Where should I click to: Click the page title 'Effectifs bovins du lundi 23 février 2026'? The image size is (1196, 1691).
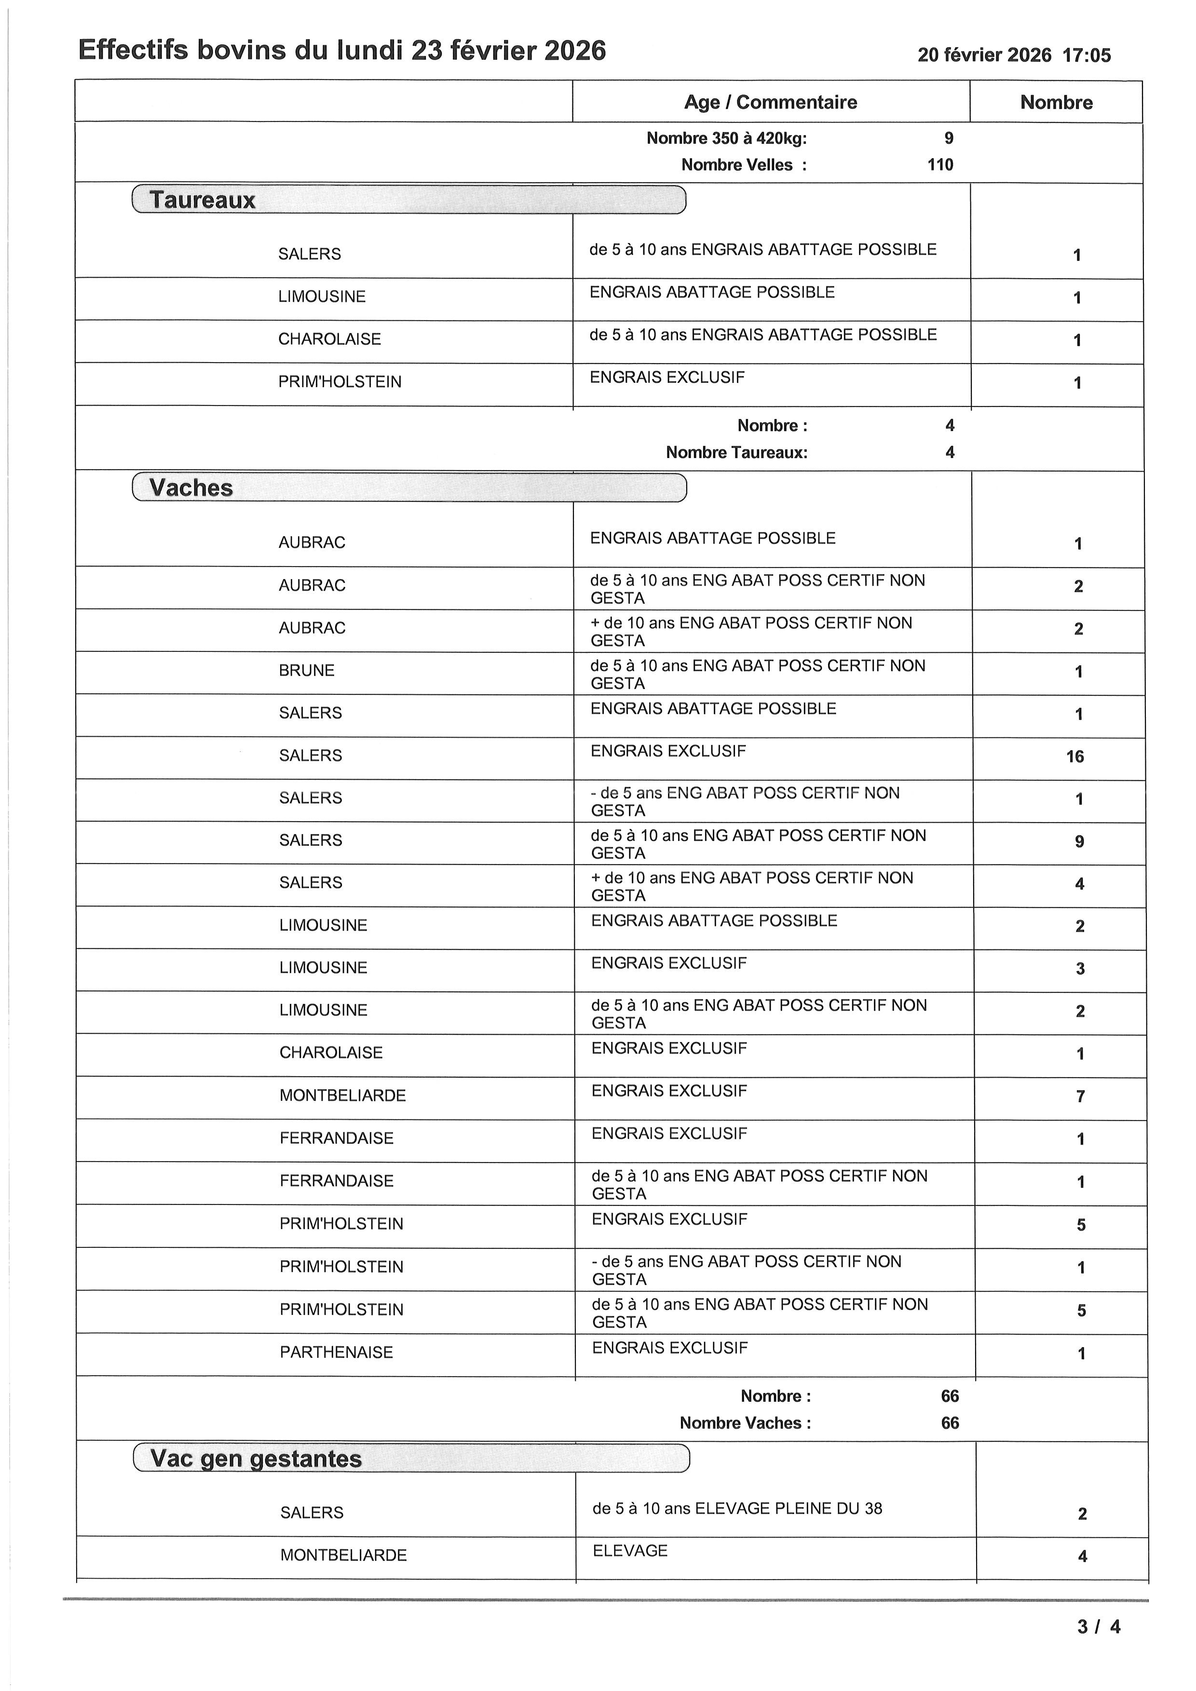pos(342,51)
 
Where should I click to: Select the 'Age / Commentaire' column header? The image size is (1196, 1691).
pos(770,102)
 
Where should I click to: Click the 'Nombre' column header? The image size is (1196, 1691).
pos(1056,102)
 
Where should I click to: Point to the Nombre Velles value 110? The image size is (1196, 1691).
pos(940,165)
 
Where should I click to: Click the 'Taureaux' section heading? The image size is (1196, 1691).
pos(203,200)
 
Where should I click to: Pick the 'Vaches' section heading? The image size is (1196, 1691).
pos(191,487)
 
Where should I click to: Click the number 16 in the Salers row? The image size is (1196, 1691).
pos(1075,757)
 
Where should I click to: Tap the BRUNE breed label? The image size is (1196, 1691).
pos(306,670)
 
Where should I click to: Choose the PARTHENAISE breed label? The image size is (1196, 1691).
pos(337,1352)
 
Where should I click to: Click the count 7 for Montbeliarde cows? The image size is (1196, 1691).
pos(1080,1096)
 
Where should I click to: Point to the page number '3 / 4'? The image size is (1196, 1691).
pos(1099,1627)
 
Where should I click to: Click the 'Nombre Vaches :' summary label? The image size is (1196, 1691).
pos(745,1423)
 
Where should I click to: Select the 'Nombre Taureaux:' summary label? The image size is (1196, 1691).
pos(736,452)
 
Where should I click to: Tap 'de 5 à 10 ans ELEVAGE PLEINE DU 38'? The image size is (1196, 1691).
pos(737,1508)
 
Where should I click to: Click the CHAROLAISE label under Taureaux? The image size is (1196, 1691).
pos(330,339)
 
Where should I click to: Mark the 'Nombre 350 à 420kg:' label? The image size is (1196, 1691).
pos(726,138)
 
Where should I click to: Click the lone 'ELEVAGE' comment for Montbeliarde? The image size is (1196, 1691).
pos(630,1550)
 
